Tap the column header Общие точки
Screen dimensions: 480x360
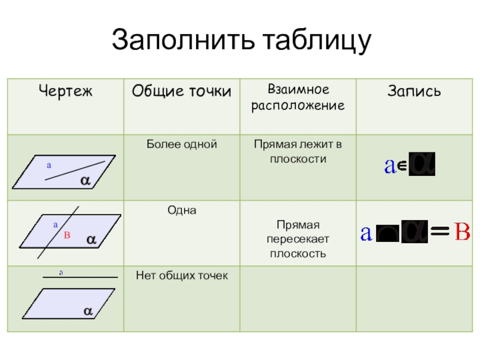click(x=181, y=91)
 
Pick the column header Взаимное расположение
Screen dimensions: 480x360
click(x=298, y=98)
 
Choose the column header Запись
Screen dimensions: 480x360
click(x=415, y=91)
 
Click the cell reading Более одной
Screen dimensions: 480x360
click(x=181, y=145)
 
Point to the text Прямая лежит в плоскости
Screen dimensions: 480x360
click(x=298, y=152)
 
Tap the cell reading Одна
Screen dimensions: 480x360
click(x=181, y=211)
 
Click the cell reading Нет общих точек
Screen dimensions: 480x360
click(x=181, y=275)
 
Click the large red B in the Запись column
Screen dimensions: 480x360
click(x=461, y=232)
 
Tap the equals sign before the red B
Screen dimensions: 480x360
click(x=441, y=233)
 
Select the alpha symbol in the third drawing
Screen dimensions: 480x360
click(x=87, y=311)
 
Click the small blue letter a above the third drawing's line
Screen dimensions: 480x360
click(x=61, y=273)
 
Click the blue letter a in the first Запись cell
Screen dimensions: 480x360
click(x=389, y=166)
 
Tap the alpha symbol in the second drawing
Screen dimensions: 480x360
click(x=91, y=239)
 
